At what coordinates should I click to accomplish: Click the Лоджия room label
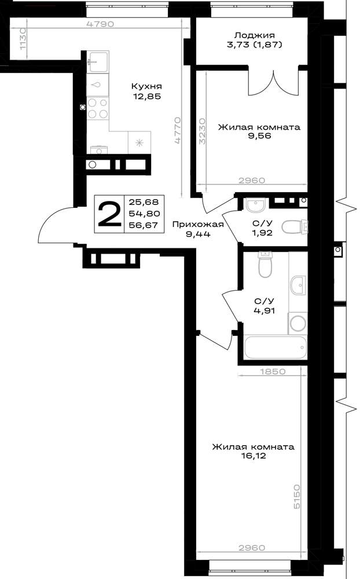click(x=255, y=35)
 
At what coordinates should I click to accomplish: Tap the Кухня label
click(x=146, y=86)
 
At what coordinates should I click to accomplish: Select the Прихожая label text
click(x=198, y=224)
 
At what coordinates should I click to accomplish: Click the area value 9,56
click(x=259, y=136)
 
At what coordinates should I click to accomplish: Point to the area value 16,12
click(x=254, y=456)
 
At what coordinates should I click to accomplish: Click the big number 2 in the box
click(x=109, y=214)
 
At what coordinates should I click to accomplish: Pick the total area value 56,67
click(x=144, y=225)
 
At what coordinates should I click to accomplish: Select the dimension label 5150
click(x=297, y=497)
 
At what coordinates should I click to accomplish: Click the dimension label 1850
click(x=273, y=372)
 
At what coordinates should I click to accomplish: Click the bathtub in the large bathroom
click(x=275, y=347)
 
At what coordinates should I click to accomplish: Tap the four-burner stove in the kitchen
click(x=98, y=108)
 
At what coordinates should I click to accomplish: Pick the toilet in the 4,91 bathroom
click(x=265, y=265)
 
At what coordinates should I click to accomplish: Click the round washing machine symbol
click(x=297, y=324)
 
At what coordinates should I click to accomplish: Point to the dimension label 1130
click(x=23, y=40)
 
